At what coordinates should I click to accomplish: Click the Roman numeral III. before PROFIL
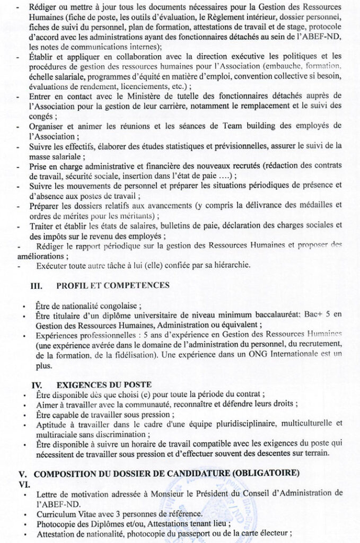36,285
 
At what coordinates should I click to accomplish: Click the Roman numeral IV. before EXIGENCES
36,384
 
